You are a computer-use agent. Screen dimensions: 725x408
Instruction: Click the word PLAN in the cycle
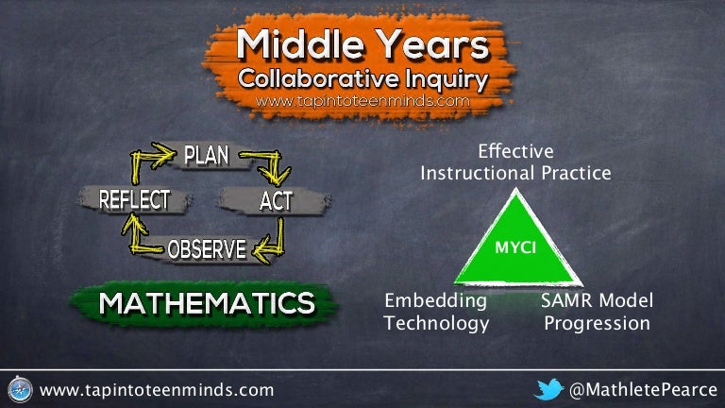[x=206, y=155]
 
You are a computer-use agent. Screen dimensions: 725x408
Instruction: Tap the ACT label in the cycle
[x=276, y=201]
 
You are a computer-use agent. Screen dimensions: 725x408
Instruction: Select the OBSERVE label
[x=207, y=249]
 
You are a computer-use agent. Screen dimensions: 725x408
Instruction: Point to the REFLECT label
[x=135, y=200]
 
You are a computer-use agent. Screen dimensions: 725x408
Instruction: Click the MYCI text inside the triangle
[x=515, y=247]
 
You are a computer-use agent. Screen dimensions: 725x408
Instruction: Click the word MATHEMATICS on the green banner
[x=207, y=303]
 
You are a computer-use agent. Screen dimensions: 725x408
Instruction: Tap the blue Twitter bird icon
[x=548, y=389]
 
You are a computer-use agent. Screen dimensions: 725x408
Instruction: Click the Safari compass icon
[x=21, y=389]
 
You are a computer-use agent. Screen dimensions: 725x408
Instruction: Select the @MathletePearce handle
[x=643, y=390]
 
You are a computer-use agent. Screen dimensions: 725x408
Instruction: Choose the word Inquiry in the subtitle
[x=447, y=79]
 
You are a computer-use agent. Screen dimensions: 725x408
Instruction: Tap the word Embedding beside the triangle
[x=435, y=300]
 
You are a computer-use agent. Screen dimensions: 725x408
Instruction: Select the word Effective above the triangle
[x=515, y=151]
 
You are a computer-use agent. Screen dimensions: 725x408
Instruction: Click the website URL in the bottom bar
[x=157, y=390]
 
